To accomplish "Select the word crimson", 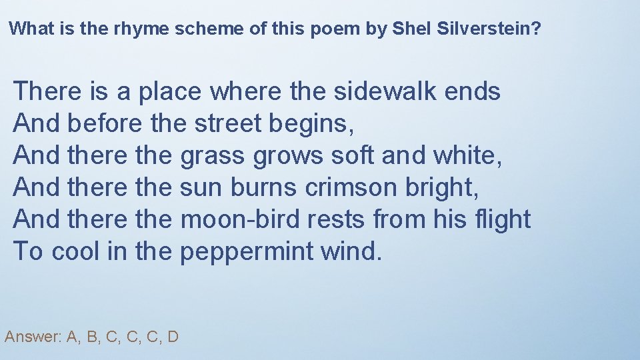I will (351, 187).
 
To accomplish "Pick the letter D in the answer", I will (173, 337).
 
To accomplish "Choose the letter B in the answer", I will (92, 337).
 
